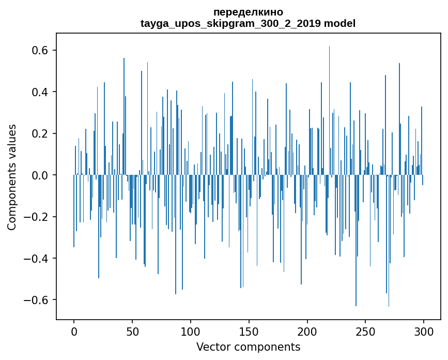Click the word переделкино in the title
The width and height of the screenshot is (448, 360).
click(x=248, y=12)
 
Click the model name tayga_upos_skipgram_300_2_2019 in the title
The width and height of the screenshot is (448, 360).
click(x=230, y=23)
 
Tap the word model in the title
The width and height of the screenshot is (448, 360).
click(x=340, y=23)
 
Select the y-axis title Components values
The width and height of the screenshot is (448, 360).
click(x=12, y=177)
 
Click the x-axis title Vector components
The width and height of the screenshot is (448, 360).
click(x=248, y=347)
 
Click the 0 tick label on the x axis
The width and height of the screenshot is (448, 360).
click(x=74, y=331)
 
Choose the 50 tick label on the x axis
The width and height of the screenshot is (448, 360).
click(x=132, y=331)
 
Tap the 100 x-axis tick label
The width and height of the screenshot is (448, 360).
click(x=191, y=331)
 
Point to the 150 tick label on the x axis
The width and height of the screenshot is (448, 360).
click(x=249, y=331)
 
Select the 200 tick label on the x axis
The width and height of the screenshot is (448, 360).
click(x=307, y=331)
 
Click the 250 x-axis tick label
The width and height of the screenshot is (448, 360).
click(x=365, y=331)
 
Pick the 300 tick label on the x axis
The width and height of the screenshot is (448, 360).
click(x=424, y=331)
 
